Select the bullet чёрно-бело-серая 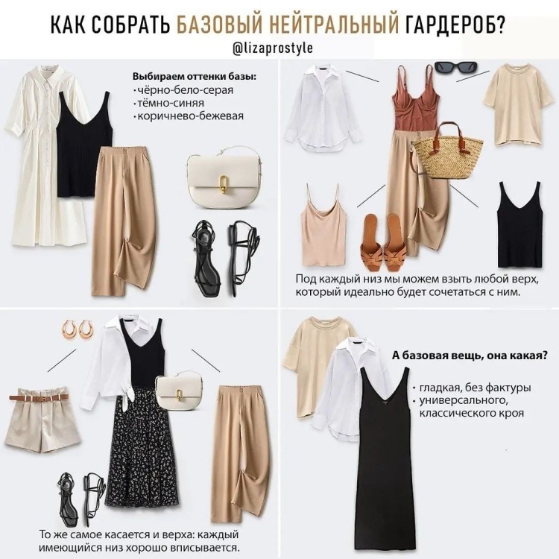click(183, 90)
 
